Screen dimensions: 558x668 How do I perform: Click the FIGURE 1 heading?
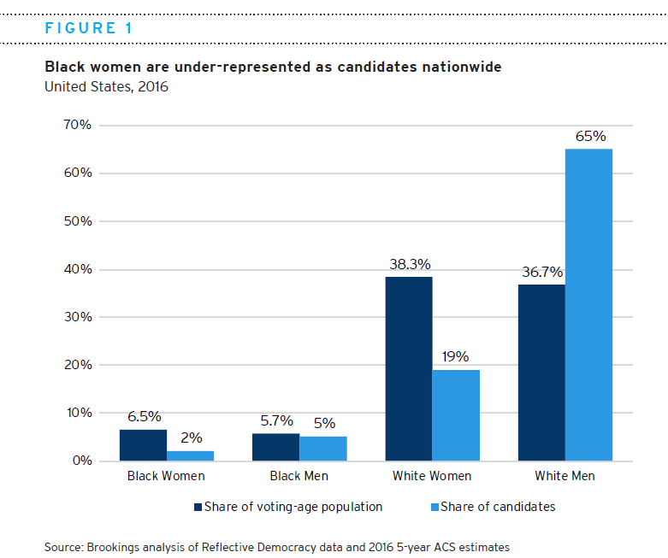click(88, 28)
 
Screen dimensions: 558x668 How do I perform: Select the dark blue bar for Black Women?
click(143, 445)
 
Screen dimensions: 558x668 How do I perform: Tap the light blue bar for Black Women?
click(190, 455)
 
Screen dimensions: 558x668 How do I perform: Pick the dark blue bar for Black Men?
click(275, 447)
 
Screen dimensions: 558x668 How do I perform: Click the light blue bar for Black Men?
click(323, 449)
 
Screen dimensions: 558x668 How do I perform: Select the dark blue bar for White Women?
click(409, 368)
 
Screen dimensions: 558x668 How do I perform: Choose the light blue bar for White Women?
click(456, 414)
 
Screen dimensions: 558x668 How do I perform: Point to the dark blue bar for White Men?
click(541, 373)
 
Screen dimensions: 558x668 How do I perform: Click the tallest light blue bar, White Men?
click(589, 305)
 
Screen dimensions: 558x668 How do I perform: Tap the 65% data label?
click(590, 136)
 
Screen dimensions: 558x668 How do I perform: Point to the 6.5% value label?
click(143, 417)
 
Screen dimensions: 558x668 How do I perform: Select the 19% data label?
click(456, 357)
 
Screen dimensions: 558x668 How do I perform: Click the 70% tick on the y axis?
click(76, 125)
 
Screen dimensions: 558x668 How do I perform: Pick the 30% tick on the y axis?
click(76, 317)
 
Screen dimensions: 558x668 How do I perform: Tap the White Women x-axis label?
click(432, 476)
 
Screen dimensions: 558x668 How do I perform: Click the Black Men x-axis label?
click(299, 476)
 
